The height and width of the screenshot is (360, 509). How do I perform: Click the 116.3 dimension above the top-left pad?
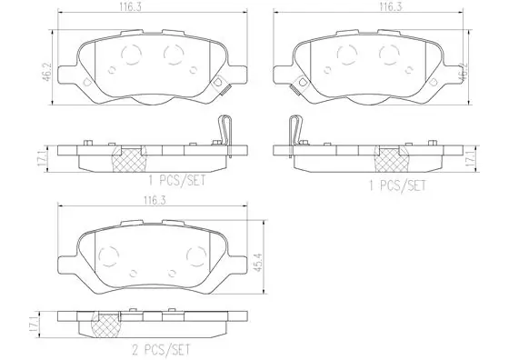pos(130,7)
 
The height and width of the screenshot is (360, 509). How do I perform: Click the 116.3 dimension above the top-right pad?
pos(391,7)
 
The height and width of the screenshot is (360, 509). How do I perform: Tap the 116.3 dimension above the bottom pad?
pos(155,201)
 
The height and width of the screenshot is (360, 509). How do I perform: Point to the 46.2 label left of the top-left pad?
pos(47,73)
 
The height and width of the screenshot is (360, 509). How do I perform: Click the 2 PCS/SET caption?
pos(161,350)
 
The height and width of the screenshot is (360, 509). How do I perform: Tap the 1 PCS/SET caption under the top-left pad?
pos(177,181)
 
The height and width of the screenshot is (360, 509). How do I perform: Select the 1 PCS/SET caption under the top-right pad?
pos(397,185)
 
